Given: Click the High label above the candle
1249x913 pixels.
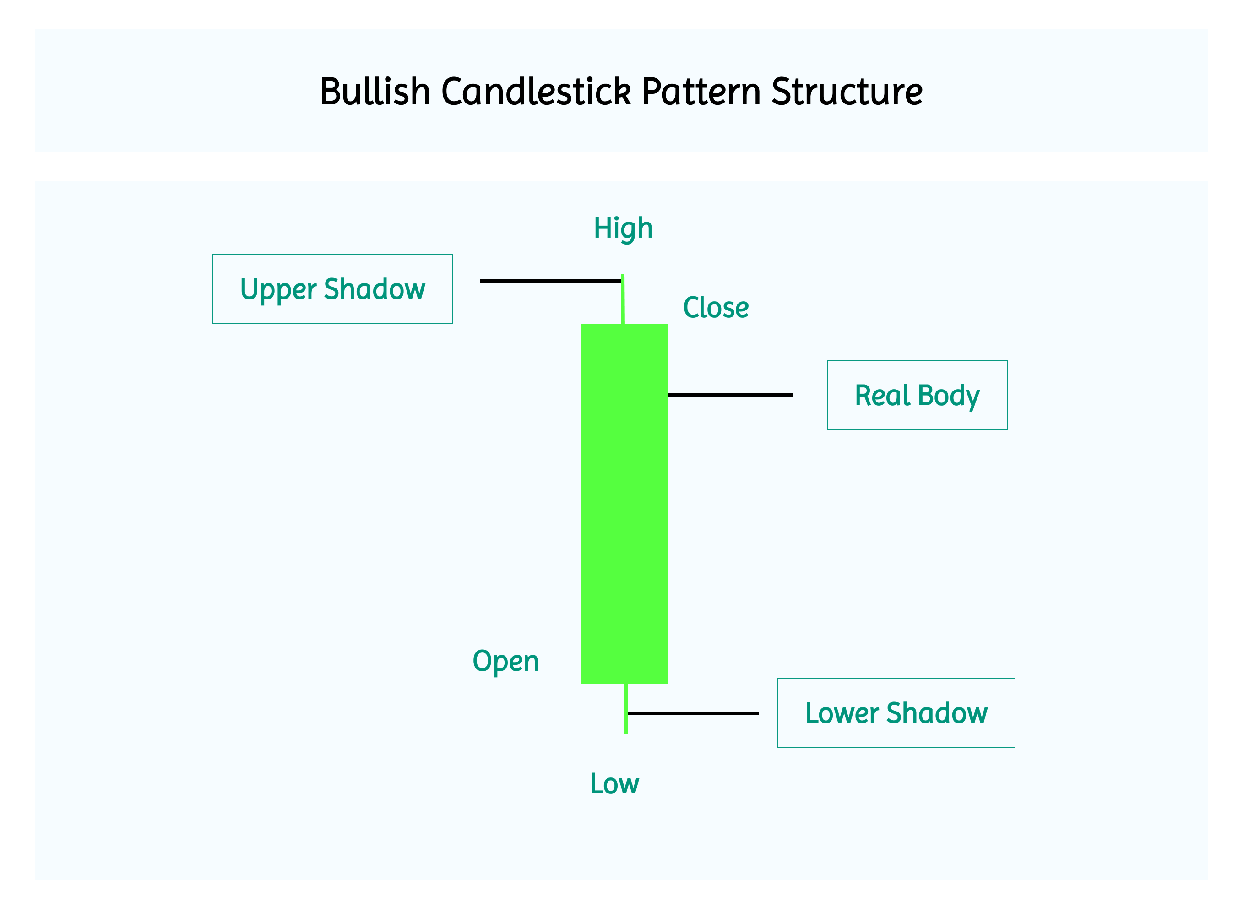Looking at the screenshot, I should tap(623, 228).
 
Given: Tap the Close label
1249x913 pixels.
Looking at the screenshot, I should tap(716, 308).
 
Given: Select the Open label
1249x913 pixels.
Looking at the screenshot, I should tap(505, 662).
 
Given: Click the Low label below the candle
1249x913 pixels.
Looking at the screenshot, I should tap(614, 784).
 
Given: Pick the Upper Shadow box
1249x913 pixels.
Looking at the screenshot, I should tap(333, 289).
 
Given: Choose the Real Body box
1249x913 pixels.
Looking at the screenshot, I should tap(917, 395).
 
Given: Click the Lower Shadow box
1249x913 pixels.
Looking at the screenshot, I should tap(896, 713).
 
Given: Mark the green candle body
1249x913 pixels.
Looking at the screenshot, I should tap(624, 504).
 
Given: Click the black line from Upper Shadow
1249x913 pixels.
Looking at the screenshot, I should tap(549, 281).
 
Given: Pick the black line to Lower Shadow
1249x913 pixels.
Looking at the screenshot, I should tap(694, 713).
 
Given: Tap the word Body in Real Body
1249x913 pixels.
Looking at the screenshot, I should tap(948, 396).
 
